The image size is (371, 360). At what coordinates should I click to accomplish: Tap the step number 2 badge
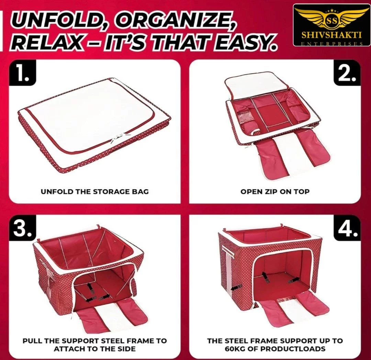(347, 73)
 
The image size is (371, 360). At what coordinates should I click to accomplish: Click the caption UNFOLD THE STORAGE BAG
(95, 191)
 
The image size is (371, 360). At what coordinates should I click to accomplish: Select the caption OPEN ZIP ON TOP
(275, 191)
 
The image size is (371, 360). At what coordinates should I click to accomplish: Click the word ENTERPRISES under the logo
(332, 44)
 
